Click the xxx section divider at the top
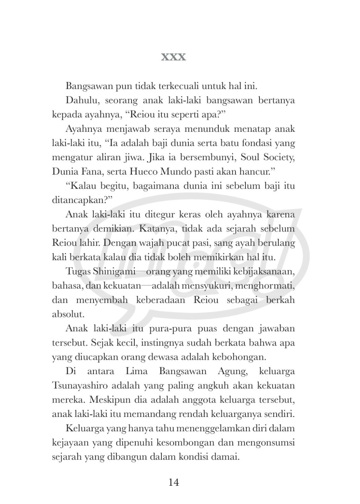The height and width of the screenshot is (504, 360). pyautogui.click(x=173, y=57)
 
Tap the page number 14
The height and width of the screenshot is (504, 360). pyautogui.click(x=174, y=482)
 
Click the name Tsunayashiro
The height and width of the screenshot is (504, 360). pyautogui.click(x=79, y=386)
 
